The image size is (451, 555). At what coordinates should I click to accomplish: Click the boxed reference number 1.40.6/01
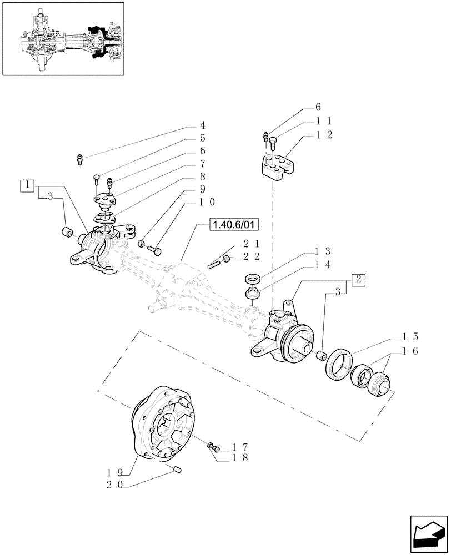tap(235, 225)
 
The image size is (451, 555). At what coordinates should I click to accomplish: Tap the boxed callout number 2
tap(359, 280)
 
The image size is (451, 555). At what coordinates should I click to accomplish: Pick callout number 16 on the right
tap(412, 351)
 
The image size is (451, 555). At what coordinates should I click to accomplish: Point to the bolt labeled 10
tap(156, 251)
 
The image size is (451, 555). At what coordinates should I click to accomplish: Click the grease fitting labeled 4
tap(80, 160)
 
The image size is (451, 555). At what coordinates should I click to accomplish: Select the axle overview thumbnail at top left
tap(62, 38)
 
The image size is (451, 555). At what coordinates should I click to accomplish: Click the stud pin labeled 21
tap(215, 264)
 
